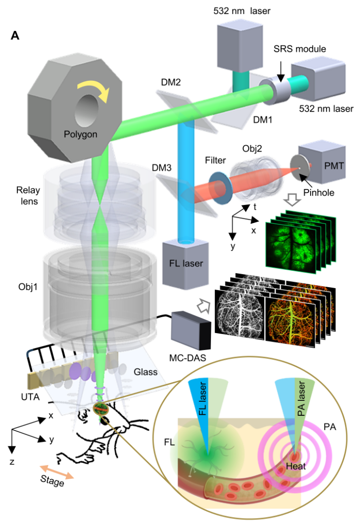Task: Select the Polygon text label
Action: point(80,135)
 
